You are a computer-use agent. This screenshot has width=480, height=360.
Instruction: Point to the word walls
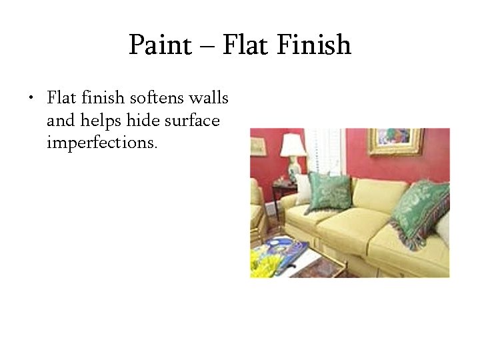coord(209,99)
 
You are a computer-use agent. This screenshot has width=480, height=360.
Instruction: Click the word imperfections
coord(102,143)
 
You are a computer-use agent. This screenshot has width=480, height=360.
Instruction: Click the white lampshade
coord(293,145)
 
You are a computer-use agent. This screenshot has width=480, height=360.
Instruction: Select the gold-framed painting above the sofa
coord(395,141)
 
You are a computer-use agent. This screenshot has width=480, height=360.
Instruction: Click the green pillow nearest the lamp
coord(329,191)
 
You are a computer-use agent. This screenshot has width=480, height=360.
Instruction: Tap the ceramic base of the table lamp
coord(293,169)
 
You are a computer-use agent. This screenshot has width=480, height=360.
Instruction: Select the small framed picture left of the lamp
coord(259,147)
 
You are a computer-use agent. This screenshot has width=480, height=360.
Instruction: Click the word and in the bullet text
coord(60,121)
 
